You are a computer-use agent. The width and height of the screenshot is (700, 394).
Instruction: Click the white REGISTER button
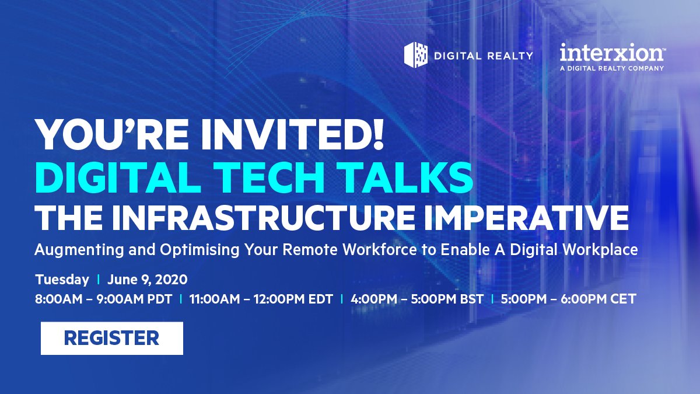tap(111, 338)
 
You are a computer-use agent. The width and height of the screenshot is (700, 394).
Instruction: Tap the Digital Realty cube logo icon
tap(416, 55)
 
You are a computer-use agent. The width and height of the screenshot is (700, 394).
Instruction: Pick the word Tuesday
tap(62, 279)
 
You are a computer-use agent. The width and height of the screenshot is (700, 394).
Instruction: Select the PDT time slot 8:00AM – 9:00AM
tap(103, 299)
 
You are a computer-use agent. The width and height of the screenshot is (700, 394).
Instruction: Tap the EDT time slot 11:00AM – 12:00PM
tap(261, 299)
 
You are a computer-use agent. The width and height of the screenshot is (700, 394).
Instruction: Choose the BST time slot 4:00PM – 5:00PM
tap(416, 299)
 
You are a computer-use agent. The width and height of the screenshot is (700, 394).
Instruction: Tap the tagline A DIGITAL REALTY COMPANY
tap(611, 68)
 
